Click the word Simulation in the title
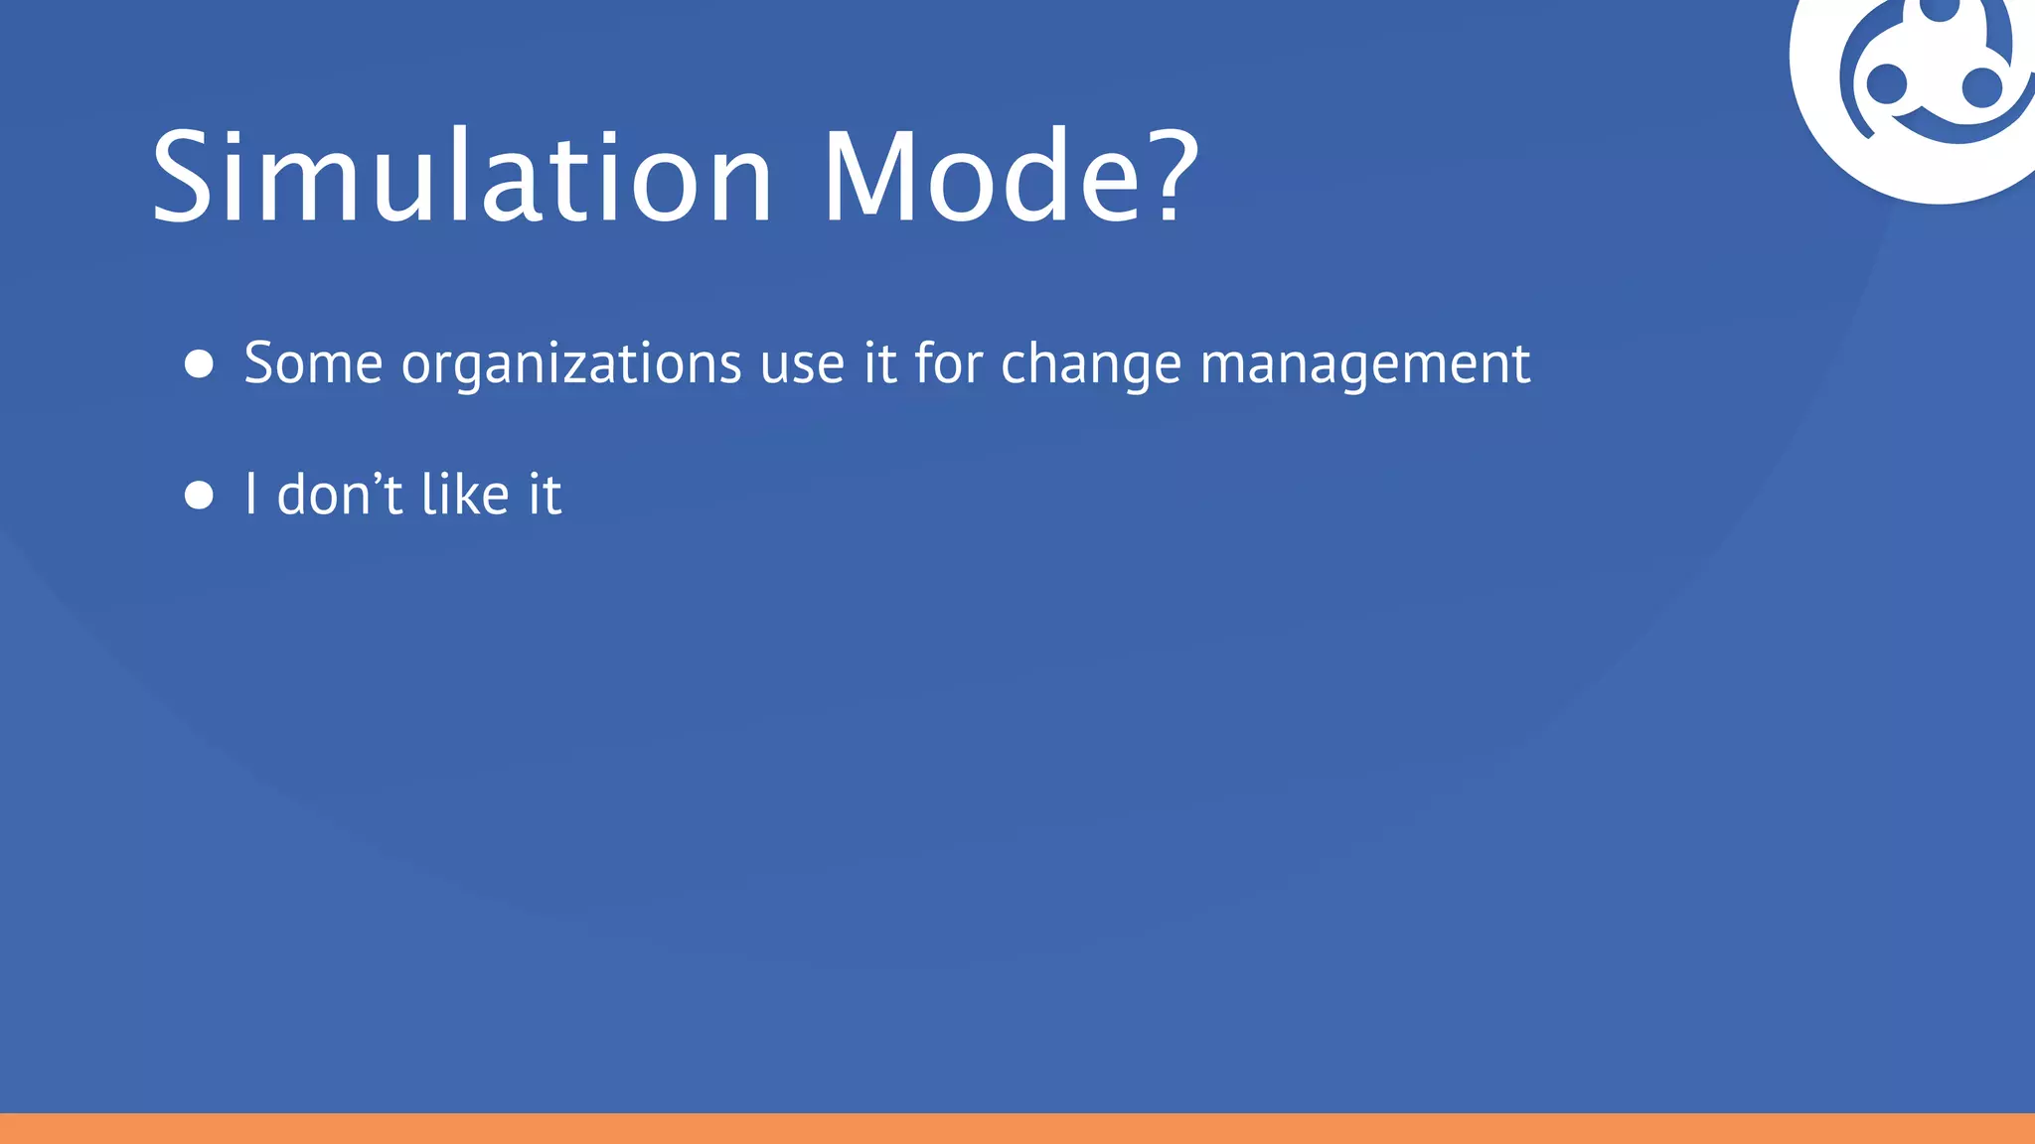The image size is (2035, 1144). click(x=462, y=178)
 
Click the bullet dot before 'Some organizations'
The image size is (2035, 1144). click(x=200, y=364)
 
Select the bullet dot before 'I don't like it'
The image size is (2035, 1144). click(x=200, y=496)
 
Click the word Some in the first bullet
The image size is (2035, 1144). click(x=313, y=363)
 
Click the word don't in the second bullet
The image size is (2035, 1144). click(x=340, y=495)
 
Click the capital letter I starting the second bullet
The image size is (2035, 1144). click(x=251, y=495)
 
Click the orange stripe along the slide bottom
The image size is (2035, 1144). click(x=1017, y=1129)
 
